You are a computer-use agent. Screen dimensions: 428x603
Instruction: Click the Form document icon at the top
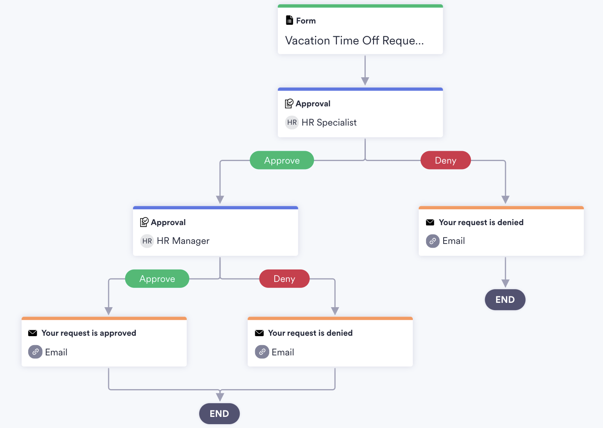pos(289,20)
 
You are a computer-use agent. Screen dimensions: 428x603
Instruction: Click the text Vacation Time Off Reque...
pos(354,41)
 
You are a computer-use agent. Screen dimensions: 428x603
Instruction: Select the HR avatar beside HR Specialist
pos(292,123)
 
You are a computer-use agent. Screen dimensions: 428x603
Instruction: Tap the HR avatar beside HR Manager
pos(147,241)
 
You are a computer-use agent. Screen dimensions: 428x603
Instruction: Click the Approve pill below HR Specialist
pos(282,161)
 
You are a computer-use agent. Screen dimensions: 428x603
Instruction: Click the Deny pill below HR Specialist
pos(445,161)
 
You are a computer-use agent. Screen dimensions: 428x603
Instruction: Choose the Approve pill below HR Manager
pos(157,279)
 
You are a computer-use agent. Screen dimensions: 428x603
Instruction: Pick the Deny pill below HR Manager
pos(284,279)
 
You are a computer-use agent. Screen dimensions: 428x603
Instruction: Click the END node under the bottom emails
pos(219,413)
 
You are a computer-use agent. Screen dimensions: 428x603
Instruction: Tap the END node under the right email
pos(505,299)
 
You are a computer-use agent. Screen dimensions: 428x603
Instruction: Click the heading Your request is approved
pos(88,333)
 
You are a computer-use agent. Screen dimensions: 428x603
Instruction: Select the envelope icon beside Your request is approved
pos(32,333)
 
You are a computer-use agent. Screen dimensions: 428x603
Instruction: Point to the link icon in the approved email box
pos(35,352)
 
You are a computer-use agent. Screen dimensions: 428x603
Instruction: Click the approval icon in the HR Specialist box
pos(289,103)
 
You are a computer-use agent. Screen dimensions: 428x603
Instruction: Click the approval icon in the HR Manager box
pos(144,222)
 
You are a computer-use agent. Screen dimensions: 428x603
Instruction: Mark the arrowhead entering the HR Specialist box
pos(365,81)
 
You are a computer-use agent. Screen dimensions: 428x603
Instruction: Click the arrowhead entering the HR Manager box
pos(220,199)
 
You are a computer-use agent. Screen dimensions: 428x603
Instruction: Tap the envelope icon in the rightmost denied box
pos(430,223)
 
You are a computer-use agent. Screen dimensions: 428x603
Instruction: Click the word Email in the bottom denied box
pos(282,352)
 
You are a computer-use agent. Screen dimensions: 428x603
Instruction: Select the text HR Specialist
pos(329,123)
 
